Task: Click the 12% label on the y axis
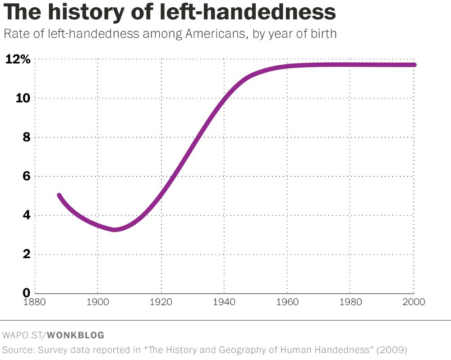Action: pos(18,59)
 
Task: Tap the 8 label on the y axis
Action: pos(26,137)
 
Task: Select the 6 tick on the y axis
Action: pos(26,176)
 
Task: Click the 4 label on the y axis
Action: pos(26,215)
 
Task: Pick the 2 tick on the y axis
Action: pos(26,254)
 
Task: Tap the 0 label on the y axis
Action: pos(26,292)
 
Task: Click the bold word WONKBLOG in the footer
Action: pos(75,335)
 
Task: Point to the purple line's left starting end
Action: pos(59,196)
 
